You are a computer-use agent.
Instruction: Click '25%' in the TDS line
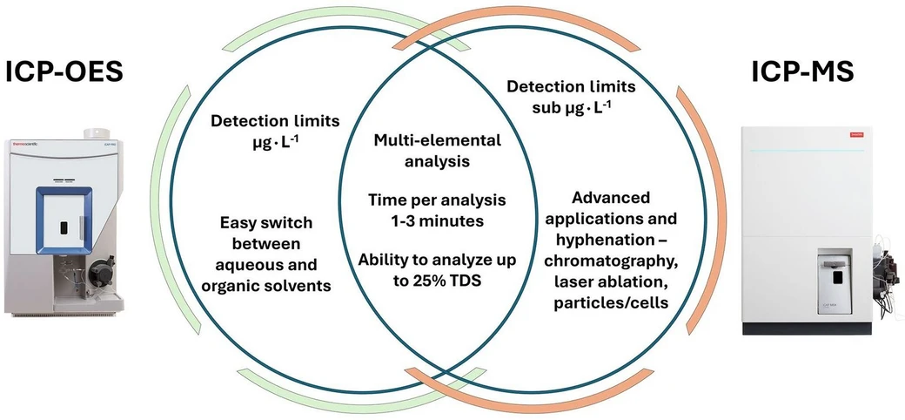tap(415, 280)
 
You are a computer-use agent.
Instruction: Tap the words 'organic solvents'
tap(276, 284)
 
